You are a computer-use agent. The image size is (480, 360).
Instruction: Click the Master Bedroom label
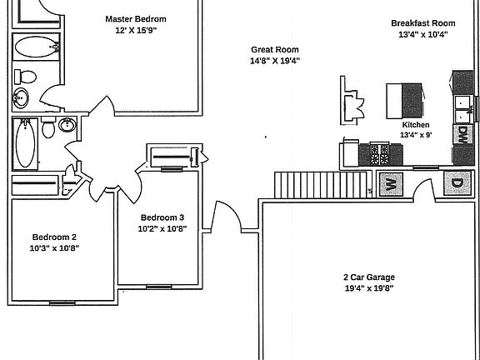click(x=136, y=18)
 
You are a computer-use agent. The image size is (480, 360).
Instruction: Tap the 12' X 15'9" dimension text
click(x=136, y=31)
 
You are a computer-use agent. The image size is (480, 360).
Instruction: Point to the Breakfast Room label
click(x=423, y=23)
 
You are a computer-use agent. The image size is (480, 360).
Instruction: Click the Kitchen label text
click(x=415, y=124)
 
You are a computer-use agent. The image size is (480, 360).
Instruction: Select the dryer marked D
click(x=457, y=183)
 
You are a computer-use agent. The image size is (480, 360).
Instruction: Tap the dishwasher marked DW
click(x=461, y=134)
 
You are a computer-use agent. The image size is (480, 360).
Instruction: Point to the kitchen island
click(x=404, y=99)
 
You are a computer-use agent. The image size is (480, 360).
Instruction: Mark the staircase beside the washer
click(x=322, y=183)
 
